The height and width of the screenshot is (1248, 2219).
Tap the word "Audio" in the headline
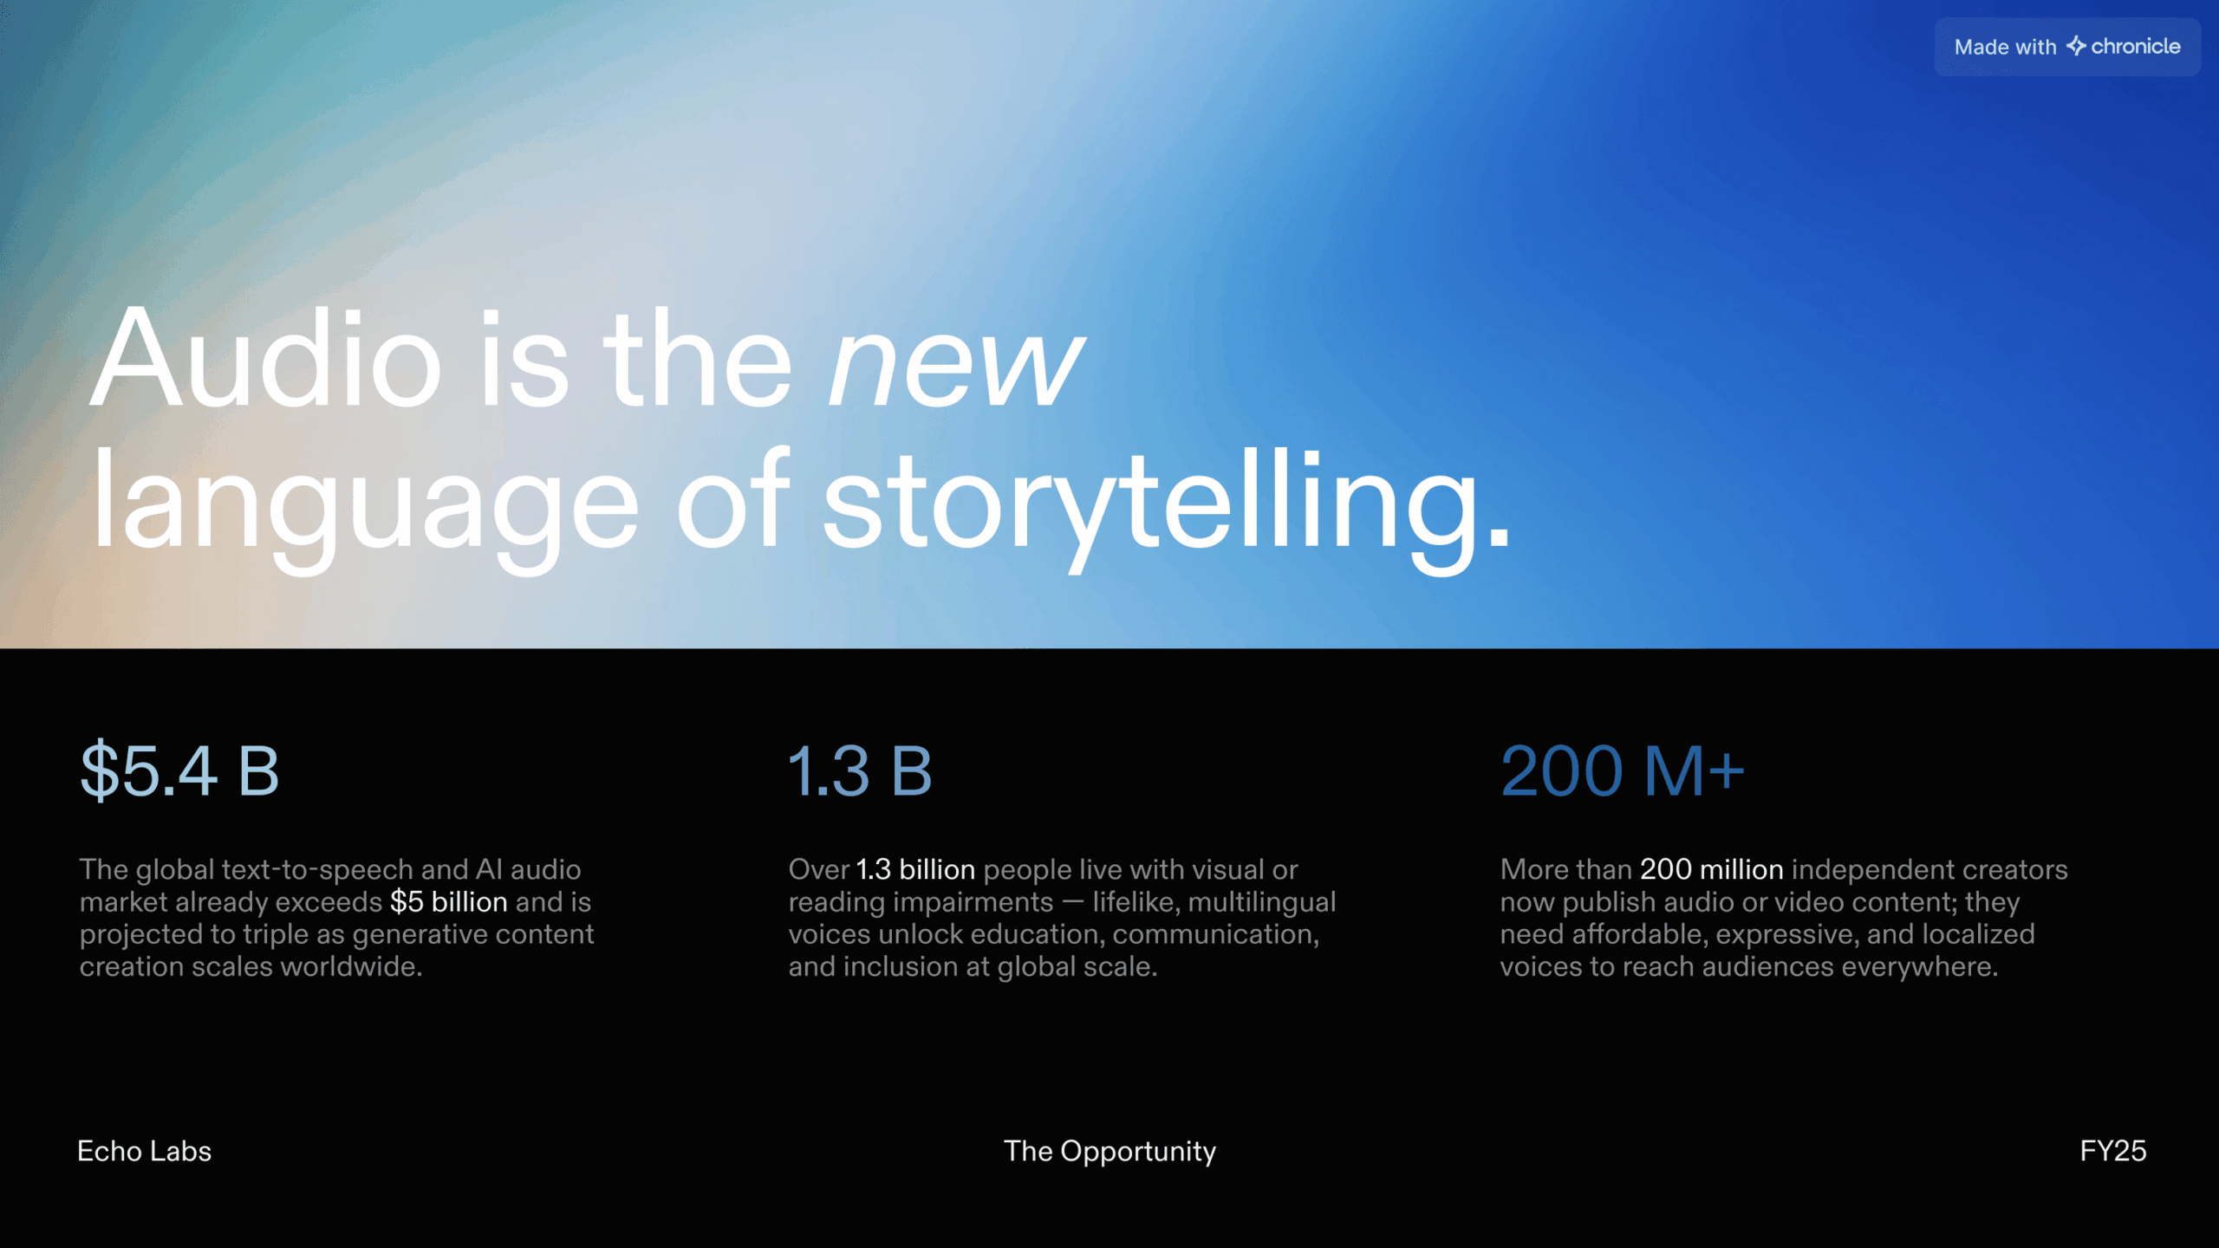(x=266, y=357)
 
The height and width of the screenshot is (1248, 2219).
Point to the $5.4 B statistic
(x=179, y=770)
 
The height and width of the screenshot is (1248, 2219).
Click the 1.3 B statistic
(x=860, y=770)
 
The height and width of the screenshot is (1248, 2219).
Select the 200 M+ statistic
(x=1622, y=770)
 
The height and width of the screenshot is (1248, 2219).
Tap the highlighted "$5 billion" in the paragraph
(x=448, y=902)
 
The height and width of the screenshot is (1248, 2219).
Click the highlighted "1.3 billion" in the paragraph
(x=915, y=869)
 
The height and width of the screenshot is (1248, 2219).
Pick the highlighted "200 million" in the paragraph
(x=1712, y=869)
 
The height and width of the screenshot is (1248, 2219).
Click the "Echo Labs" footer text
(x=144, y=1151)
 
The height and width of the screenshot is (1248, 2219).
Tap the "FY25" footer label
(x=2113, y=1151)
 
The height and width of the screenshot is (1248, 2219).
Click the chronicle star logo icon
(x=2076, y=46)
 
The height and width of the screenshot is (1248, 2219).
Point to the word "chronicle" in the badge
(x=2136, y=46)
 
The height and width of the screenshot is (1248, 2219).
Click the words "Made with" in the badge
(x=2005, y=47)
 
